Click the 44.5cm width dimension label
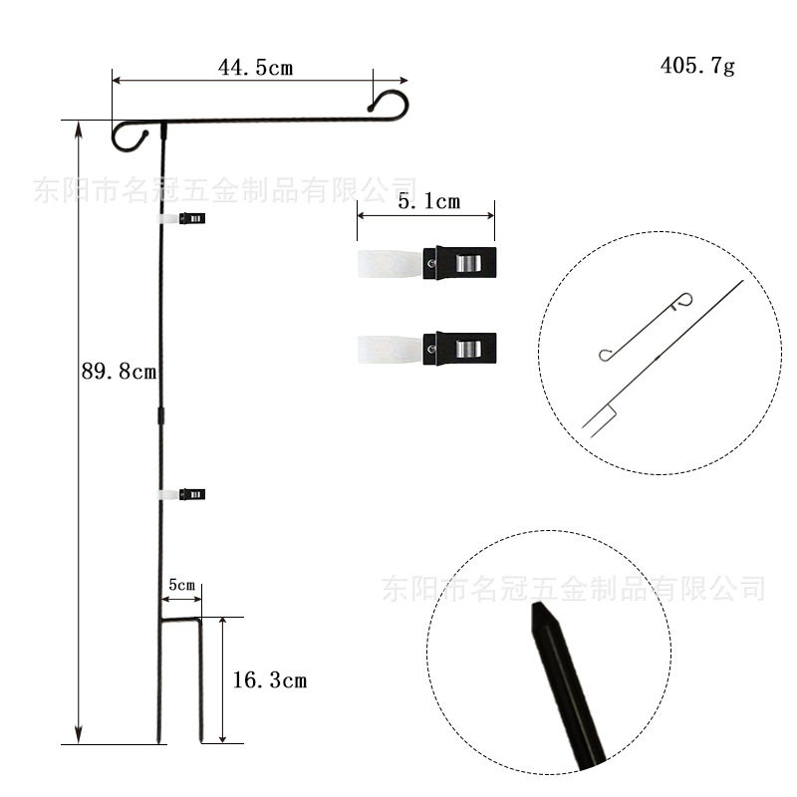pyautogui.click(x=256, y=68)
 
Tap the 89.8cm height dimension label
pyautogui.click(x=119, y=371)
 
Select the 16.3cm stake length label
pyautogui.click(x=270, y=680)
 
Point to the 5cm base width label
pyautogui.click(x=182, y=585)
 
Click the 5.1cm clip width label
pyautogui.click(x=429, y=202)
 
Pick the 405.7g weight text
pyautogui.click(x=697, y=66)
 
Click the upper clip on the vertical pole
pyautogui.click(x=182, y=218)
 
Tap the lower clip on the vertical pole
pyautogui.click(x=182, y=494)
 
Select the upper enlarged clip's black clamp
pyautogui.click(x=459, y=263)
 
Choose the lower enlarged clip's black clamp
pyautogui.click(x=459, y=349)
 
